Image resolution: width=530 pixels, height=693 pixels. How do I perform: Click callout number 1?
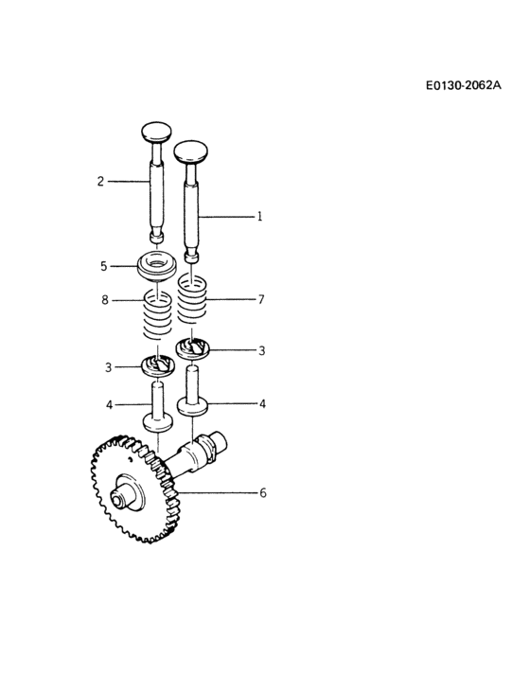pyautogui.click(x=259, y=216)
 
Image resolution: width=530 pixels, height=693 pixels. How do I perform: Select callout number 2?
pyautogui.click(x=100, y=180)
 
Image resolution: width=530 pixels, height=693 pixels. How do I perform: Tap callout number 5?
pyautogui.click(x=104, y=267)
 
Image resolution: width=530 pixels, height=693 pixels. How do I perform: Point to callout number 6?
pyautogui.click(x=263, y=492)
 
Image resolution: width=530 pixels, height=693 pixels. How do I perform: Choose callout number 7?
pyautogui.click(x=261, y=299)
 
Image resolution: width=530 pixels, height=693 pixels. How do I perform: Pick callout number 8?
pyautogui.click(x=104, y=300)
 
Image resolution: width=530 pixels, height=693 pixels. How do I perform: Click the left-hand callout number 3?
pyautogui.click(x=109, y=366)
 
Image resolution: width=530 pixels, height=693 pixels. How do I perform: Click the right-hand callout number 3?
pyautogui.click(x=261, y=350)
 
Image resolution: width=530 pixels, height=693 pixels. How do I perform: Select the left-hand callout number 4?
pyautogui.click(x=109, y=404)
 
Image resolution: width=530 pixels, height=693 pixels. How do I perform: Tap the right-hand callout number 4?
pyautogui.click(x=262, y=403)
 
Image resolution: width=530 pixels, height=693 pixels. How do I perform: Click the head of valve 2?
pyautogui.click(x=154, y=131)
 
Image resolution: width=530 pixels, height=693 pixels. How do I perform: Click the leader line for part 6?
pyautogui.click(x=218, y=492)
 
